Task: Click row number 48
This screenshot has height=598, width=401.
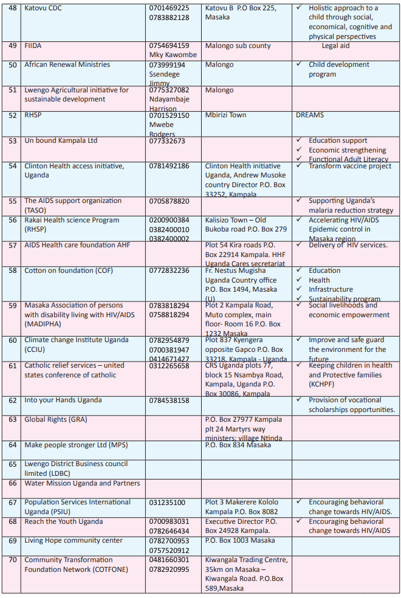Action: click(x=13, y=9)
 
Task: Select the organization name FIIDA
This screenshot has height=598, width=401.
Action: click(x=33, y=46)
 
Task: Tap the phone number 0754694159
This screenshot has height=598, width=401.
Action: click(x=169, y=46)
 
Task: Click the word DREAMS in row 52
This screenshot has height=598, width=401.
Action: click(x=310, y=115)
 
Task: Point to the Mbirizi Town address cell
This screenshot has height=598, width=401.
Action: click(x=226, y=115)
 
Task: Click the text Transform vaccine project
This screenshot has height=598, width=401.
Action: click(x=350, y=166)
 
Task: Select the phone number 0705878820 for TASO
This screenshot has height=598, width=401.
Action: click(x=169, y=201)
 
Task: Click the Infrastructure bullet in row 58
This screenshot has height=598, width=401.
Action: click(x=331, y=290)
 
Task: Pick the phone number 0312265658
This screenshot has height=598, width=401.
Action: click(x=169, y=366)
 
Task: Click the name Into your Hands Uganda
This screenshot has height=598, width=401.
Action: click(x=64, y=400)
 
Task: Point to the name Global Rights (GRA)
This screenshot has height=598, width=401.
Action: click(x=55, y=419)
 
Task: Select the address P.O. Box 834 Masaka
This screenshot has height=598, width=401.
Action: click(x=238, y=445)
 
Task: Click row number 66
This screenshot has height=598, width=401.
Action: click(x=13, y=484)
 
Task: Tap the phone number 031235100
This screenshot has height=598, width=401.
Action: click(x=167, y=503)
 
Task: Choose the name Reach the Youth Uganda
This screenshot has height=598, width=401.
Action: click(x=64, y=522)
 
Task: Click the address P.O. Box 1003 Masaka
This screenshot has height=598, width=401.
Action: click(x=240, y=540)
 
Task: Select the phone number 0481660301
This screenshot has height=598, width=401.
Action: click(x=169, y=560)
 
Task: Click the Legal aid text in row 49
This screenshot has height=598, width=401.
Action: click(x=335, y=46)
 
